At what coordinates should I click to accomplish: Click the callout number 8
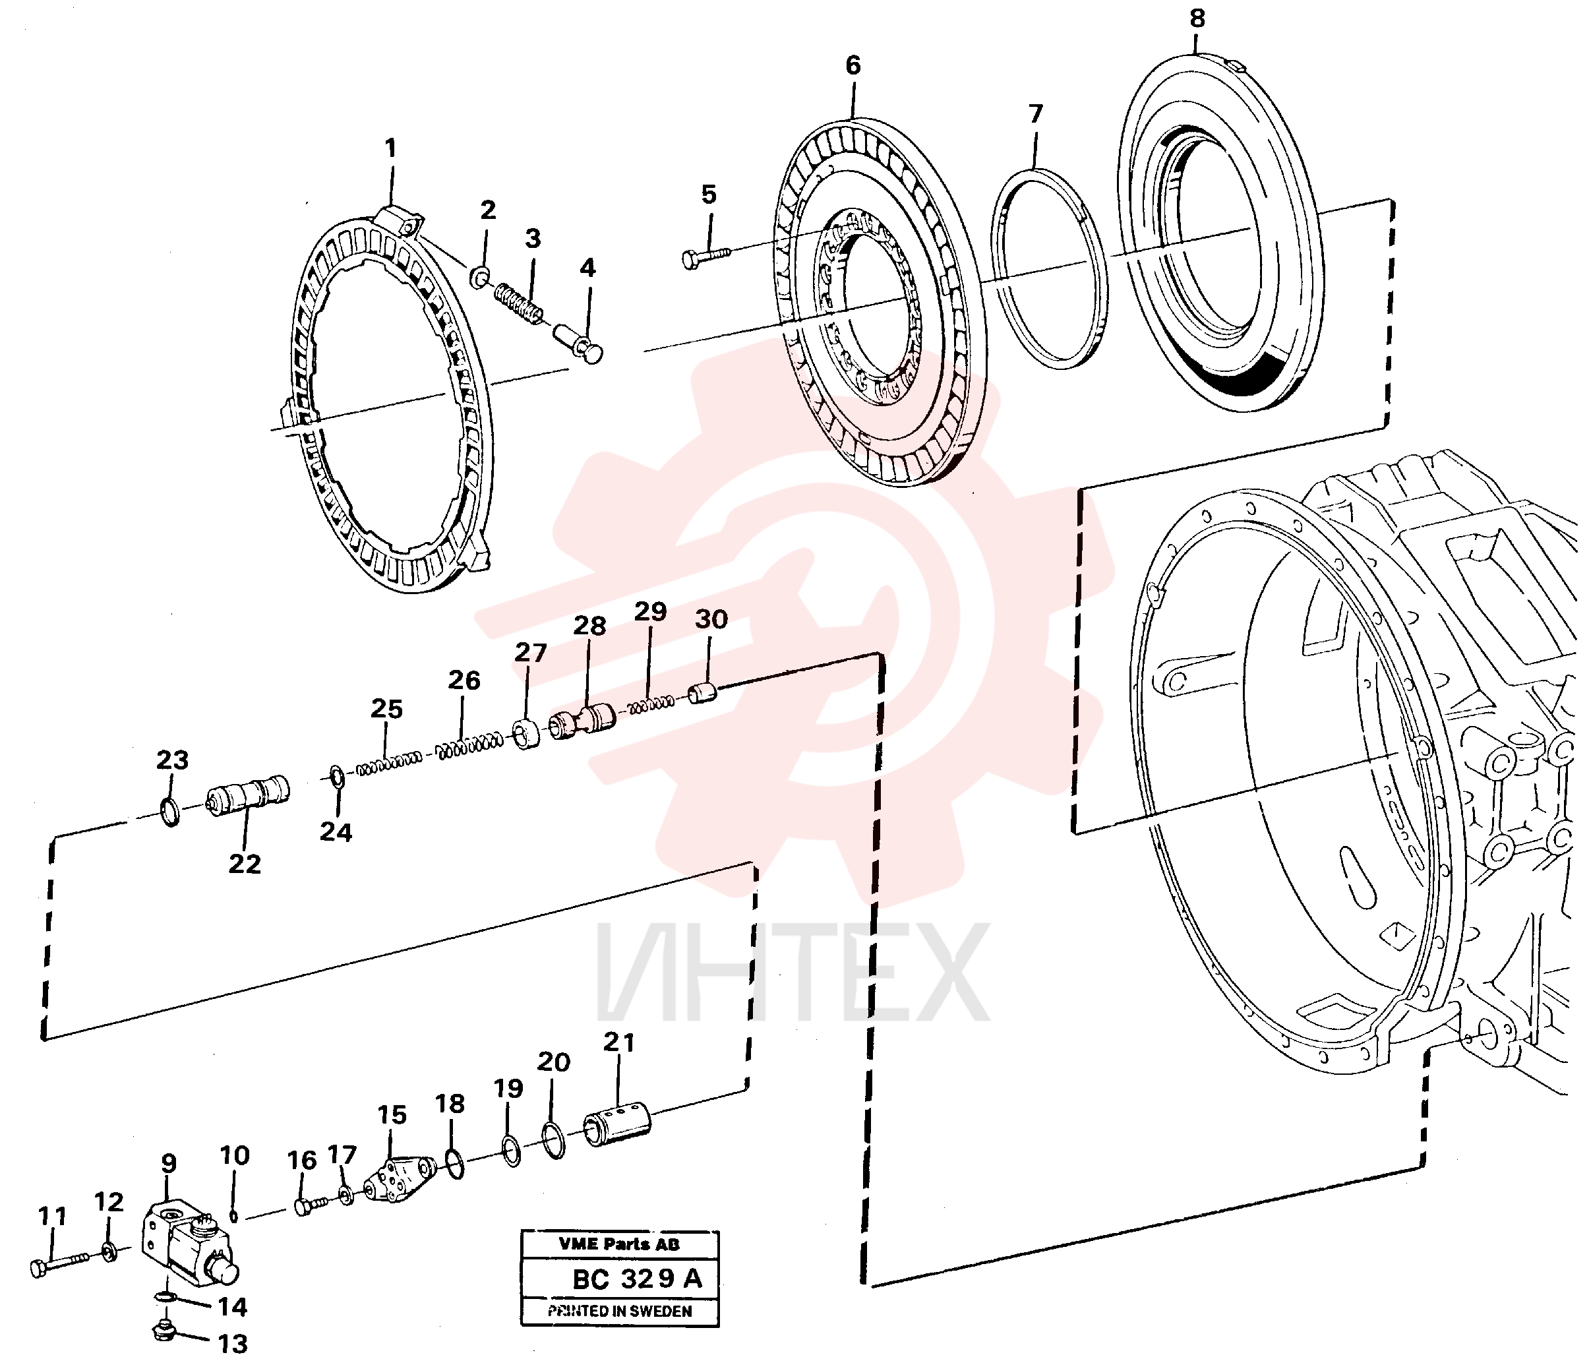point(1198,18)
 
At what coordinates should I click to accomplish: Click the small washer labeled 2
point(480,277)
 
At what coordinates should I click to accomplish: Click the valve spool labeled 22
point(249,793)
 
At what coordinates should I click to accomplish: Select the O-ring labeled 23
point(171,810)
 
